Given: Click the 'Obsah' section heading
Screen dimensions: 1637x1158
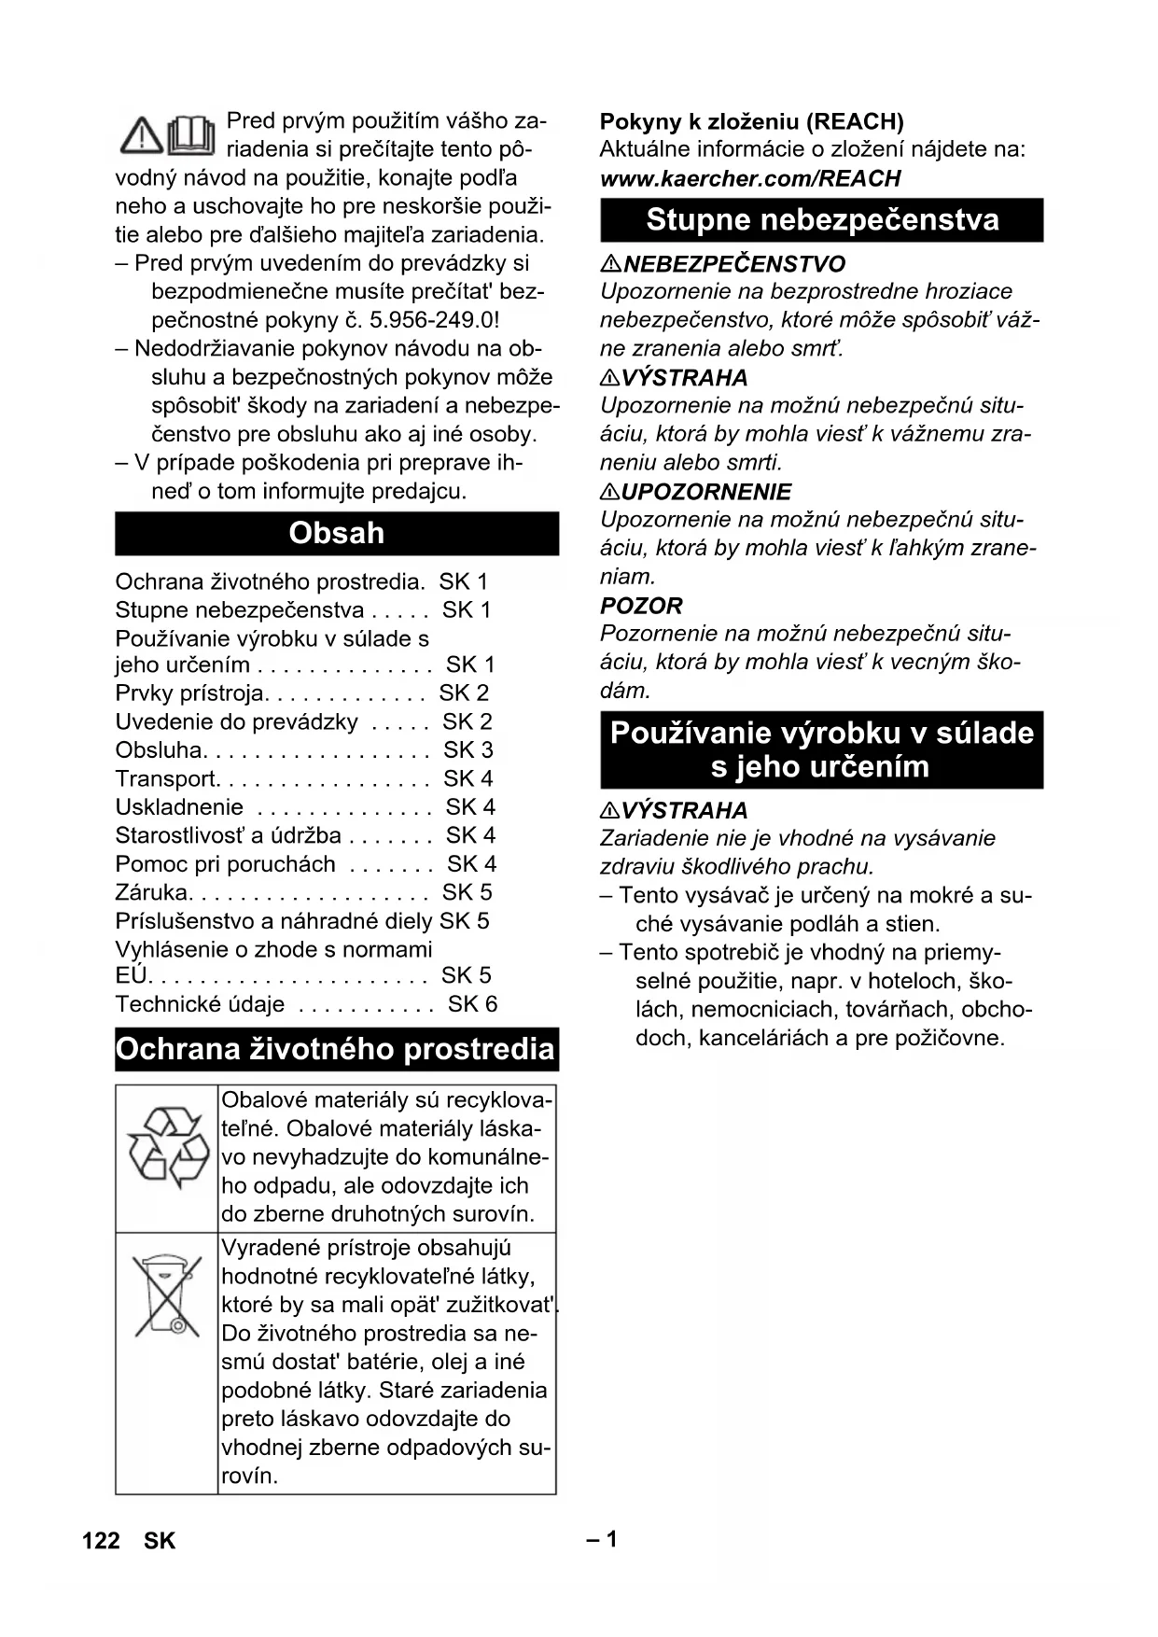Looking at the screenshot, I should point(336,533).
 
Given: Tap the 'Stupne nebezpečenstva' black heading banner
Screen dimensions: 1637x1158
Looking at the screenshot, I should point(821,220).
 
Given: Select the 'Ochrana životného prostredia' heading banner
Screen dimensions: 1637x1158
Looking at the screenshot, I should point(336,1049).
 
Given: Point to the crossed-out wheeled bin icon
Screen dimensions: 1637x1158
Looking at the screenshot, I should point(167,1294).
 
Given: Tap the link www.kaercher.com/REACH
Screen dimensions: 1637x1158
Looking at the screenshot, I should point(750,178).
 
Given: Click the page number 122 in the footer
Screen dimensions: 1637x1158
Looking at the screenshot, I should point(101,1540).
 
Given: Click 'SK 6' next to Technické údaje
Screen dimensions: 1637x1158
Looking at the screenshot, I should point(472,1004).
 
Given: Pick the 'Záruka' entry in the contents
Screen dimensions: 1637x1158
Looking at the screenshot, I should point(151,892).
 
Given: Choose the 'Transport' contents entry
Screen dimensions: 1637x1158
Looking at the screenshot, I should point(165,778).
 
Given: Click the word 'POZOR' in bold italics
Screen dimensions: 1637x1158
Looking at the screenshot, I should point(641,606).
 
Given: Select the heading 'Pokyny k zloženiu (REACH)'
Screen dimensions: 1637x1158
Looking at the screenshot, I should point(751,121).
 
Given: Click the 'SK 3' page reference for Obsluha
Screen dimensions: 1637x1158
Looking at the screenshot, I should point(467,750).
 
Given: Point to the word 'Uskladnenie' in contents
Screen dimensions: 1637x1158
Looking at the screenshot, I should point(179,807).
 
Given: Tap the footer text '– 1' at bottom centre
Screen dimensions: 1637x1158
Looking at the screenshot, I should point(602,1539).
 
